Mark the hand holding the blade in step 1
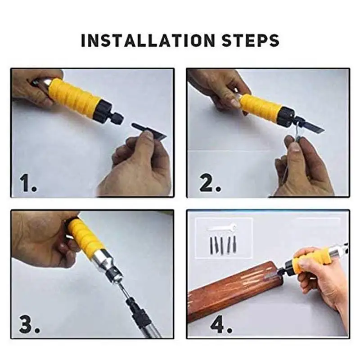(x=135, y=164)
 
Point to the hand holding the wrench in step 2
(x=301, y=166)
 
